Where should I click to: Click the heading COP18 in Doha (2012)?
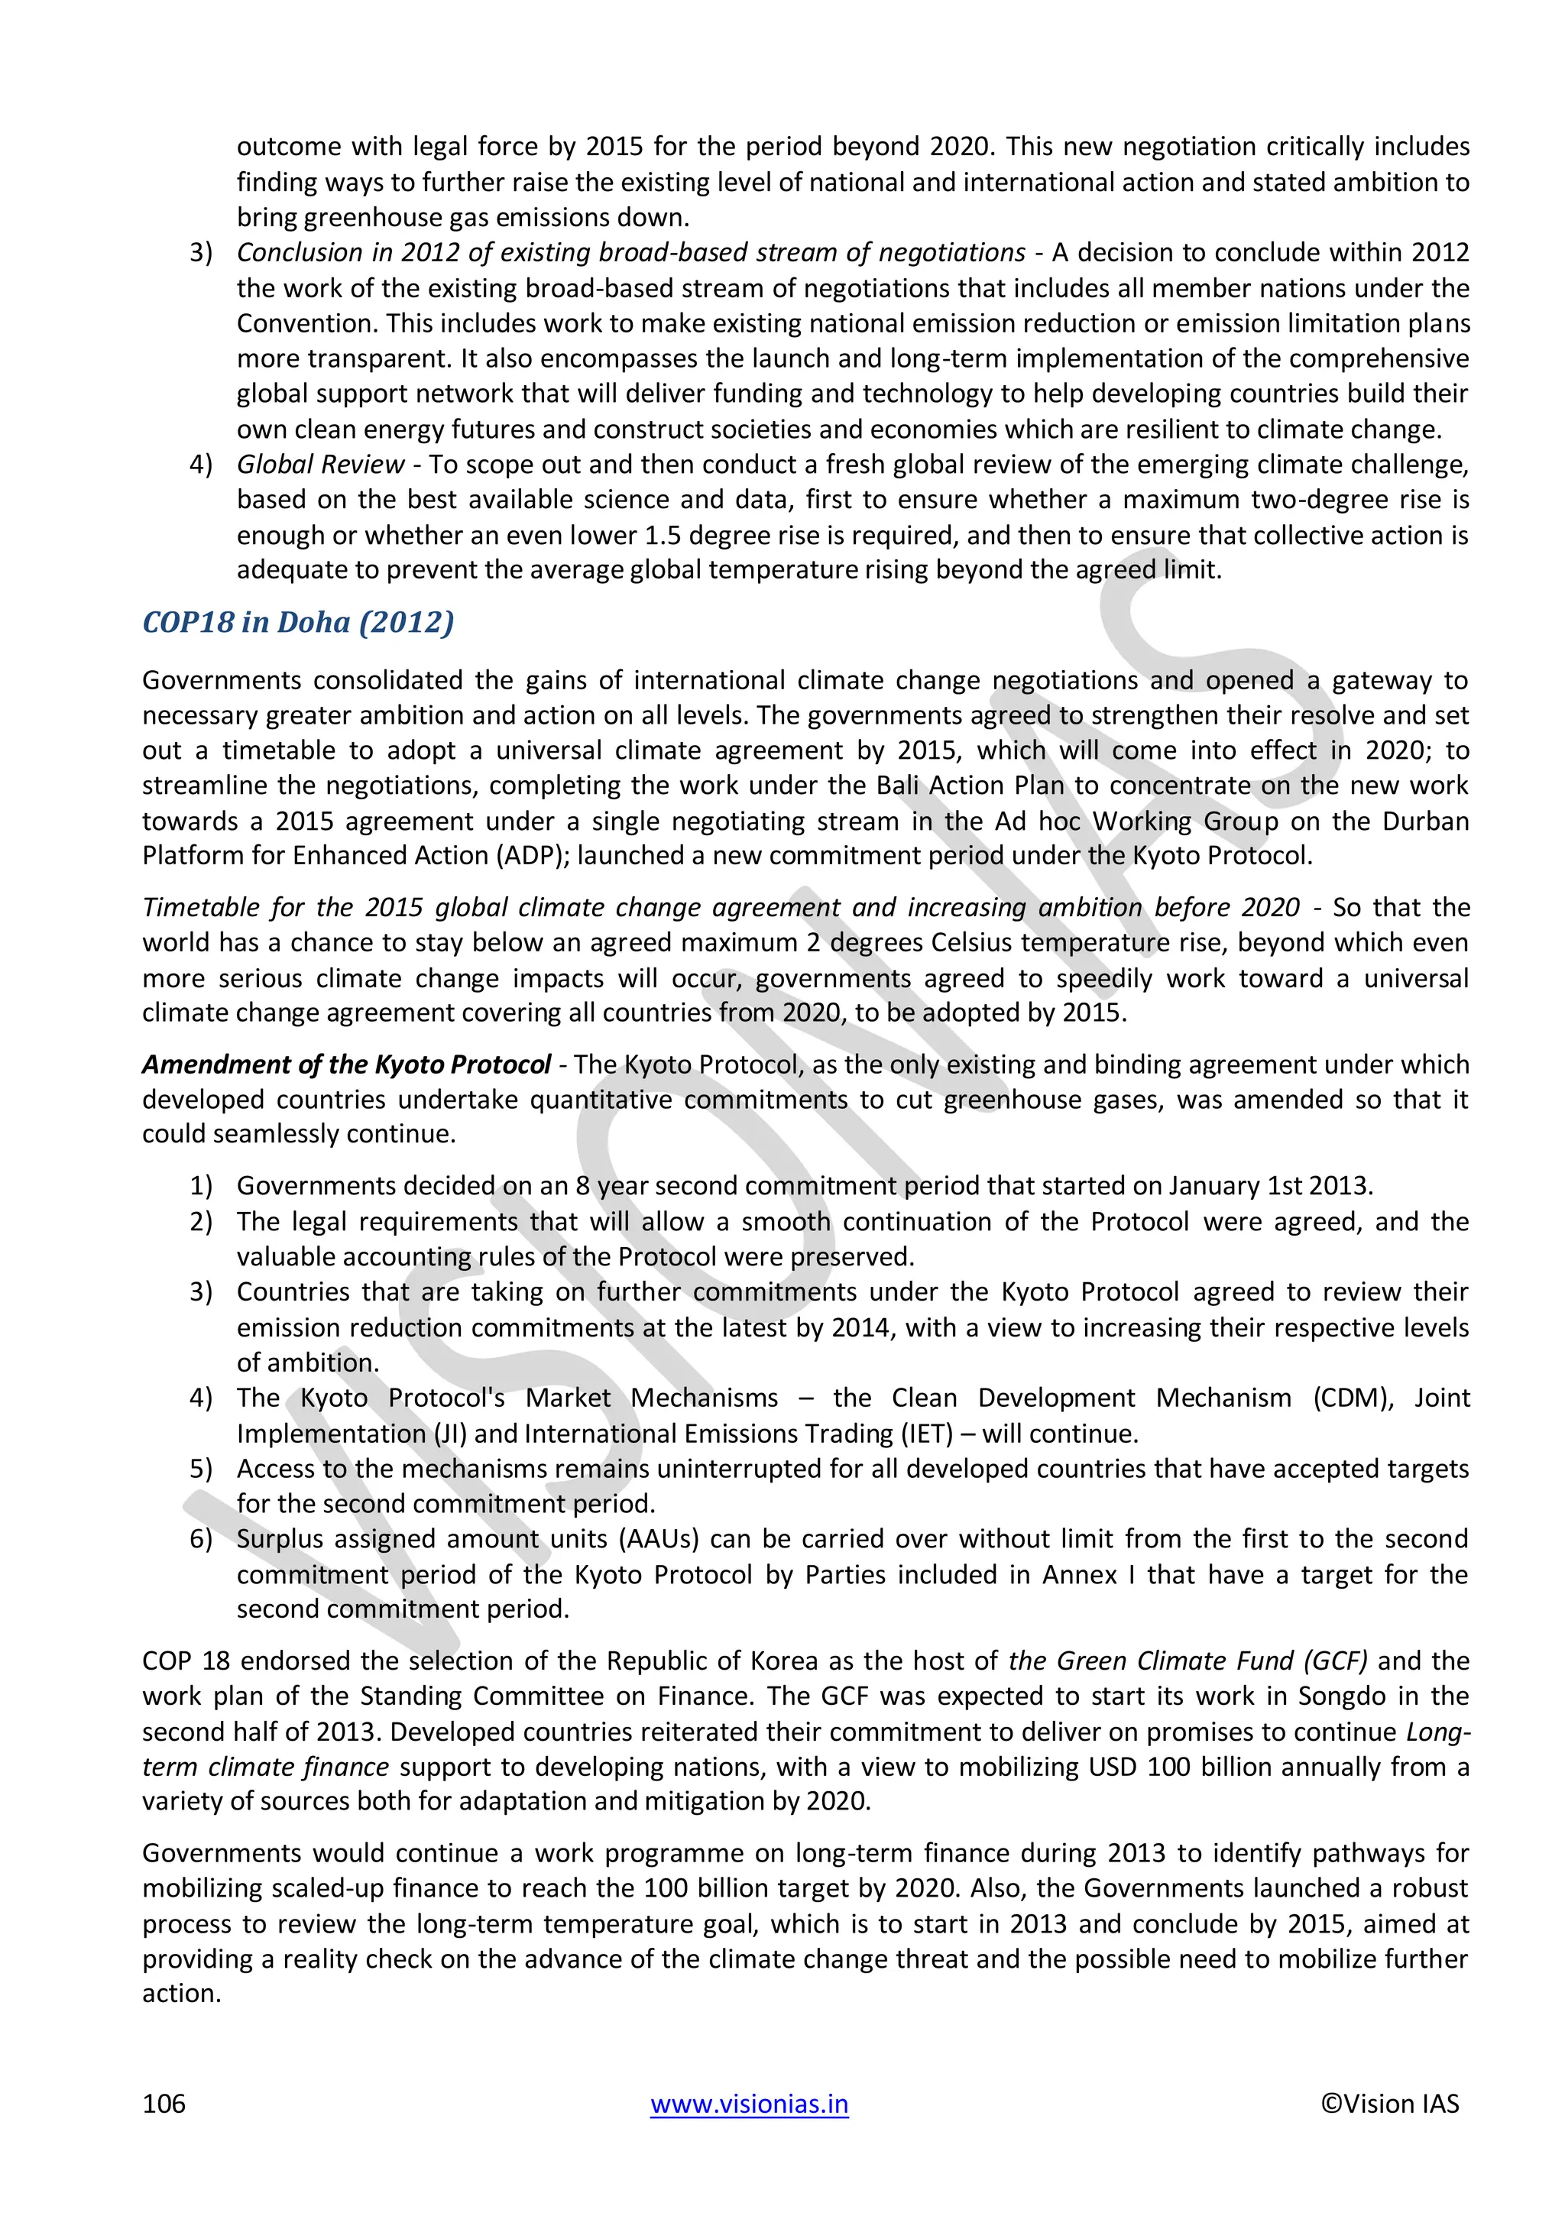(x=298, y=622)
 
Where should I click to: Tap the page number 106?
(x=164, y=2103)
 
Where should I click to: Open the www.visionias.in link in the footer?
(x=749, y=2103)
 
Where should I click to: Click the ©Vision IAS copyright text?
(x=1388, y=2103)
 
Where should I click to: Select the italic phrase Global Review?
(x=320, y=465)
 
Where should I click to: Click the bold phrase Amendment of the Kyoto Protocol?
(x=346, y=1064)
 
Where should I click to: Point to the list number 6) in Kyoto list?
(x=200, y=1538)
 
